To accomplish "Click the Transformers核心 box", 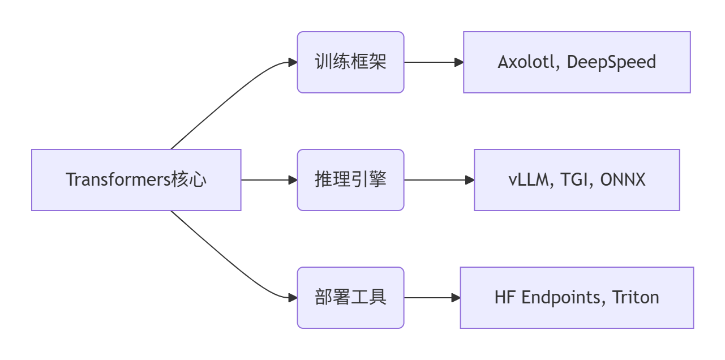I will tap(136, 180).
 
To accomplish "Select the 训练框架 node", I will tap(350, 62).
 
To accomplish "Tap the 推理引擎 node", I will tap(350, 180).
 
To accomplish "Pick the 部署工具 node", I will tap(350, 298).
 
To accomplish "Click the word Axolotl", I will tap(529, 62).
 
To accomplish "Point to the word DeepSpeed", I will tap(611, 62).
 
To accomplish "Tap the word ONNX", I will tap(623, 180).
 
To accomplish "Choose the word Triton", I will tap(636, 298).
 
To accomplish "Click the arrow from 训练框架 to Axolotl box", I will tap(433, 62).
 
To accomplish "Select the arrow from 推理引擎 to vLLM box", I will tap(439, 180).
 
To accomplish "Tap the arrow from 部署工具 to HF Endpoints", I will tap(432, 298).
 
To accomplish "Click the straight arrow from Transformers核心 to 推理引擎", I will tap(269, 180).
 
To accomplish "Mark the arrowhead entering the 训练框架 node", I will tap(293, 62).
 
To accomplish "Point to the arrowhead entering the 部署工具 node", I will tap(293, 298).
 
